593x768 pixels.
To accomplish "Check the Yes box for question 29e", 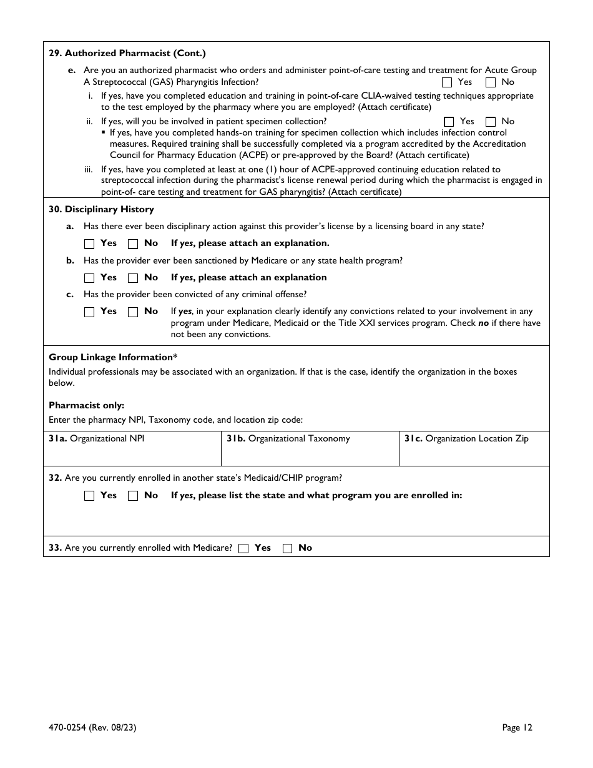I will (447, 82).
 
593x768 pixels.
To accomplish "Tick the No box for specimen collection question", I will (491, 122).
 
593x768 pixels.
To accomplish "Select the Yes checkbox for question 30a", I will (89, 244).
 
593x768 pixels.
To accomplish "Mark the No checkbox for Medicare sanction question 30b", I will (133, 278).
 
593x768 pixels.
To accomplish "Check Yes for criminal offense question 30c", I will (89, 312).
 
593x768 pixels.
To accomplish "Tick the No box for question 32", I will (133, 496).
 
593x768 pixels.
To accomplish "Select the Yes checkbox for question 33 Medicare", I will (244, 548).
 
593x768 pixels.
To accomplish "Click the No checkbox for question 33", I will (288, 548).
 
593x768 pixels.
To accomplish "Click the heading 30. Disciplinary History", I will (101, 209).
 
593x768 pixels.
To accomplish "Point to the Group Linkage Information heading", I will (113, 357).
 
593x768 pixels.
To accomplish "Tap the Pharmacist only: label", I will (86, 405).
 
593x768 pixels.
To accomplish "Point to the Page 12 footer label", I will (517, 727).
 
